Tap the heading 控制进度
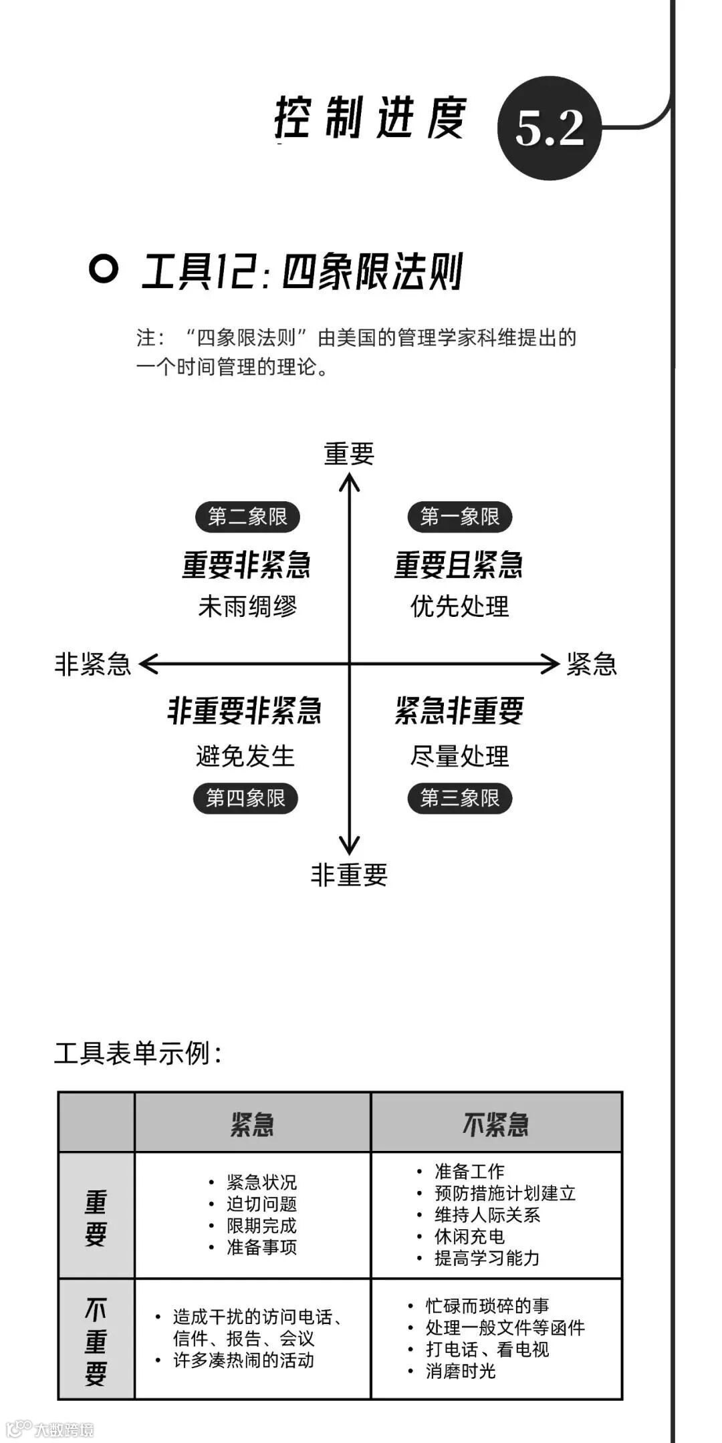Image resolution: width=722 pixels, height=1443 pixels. [x=370, y=118]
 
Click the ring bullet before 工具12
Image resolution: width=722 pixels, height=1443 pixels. [x=104, y=269]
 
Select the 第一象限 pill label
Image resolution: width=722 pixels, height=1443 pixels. [x=459, y=517]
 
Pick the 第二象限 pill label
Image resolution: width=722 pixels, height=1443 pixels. [x=247, y=517]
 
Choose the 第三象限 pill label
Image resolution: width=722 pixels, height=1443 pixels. [x=459, y=798]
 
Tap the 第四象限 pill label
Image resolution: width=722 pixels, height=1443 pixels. [x=245, y=798]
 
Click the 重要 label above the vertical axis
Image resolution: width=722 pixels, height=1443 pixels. [x=349, y=454]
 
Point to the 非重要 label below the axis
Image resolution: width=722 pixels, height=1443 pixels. [x=349, y=874]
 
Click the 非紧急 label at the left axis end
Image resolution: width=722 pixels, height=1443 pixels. [x=92, y=664]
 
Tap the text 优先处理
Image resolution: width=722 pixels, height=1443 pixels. [x=459, y=606]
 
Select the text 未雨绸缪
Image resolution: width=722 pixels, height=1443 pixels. [x=247, y=606]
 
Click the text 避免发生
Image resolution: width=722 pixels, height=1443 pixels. [x=245, y=756]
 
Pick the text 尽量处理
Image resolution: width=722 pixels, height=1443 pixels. [x=459, y=756]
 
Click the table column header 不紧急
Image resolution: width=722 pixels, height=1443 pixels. [x=495, y=1124]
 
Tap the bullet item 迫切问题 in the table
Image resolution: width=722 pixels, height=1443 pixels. [x=261, y=1204]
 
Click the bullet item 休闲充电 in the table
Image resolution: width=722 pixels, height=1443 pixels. [x=469, y=1236]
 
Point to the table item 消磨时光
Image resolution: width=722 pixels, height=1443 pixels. [x=461, y=1371]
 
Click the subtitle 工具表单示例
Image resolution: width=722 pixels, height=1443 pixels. [x=137, y=1053]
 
